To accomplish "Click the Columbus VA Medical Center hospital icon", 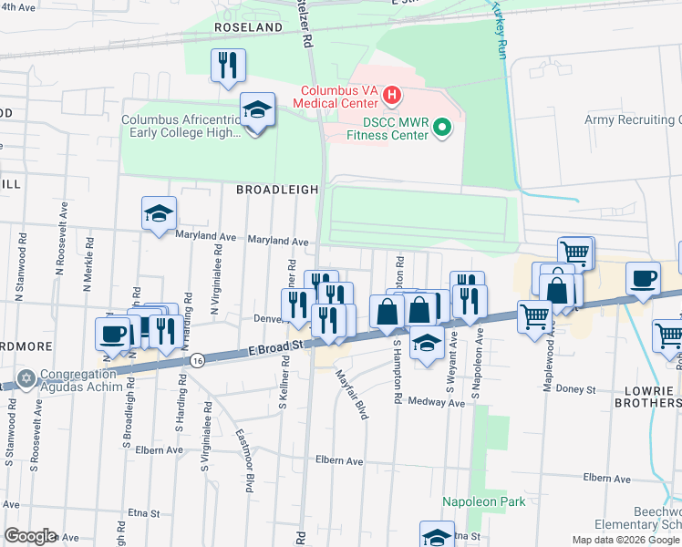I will [x=391, y=94].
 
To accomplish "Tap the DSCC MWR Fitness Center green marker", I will [x=442, y=127].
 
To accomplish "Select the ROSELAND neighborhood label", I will [x=249, y=28].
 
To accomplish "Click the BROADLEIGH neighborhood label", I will [x=277, y=190].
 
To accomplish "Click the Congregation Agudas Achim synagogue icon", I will [x=26, y=377].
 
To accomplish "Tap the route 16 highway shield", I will [x=197, y=361].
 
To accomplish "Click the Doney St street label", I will [x=577, y=389].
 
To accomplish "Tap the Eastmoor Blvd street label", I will [x=243, y=459].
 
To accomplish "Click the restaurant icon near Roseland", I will [x=227, y=66].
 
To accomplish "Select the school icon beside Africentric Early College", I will [x=258, y=111].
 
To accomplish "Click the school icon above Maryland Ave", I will [x=159, y=214].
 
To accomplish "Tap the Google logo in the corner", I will [x=29, y=536].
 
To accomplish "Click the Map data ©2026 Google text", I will [x=625, y=540].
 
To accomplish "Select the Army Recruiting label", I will [x=633, y=120].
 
